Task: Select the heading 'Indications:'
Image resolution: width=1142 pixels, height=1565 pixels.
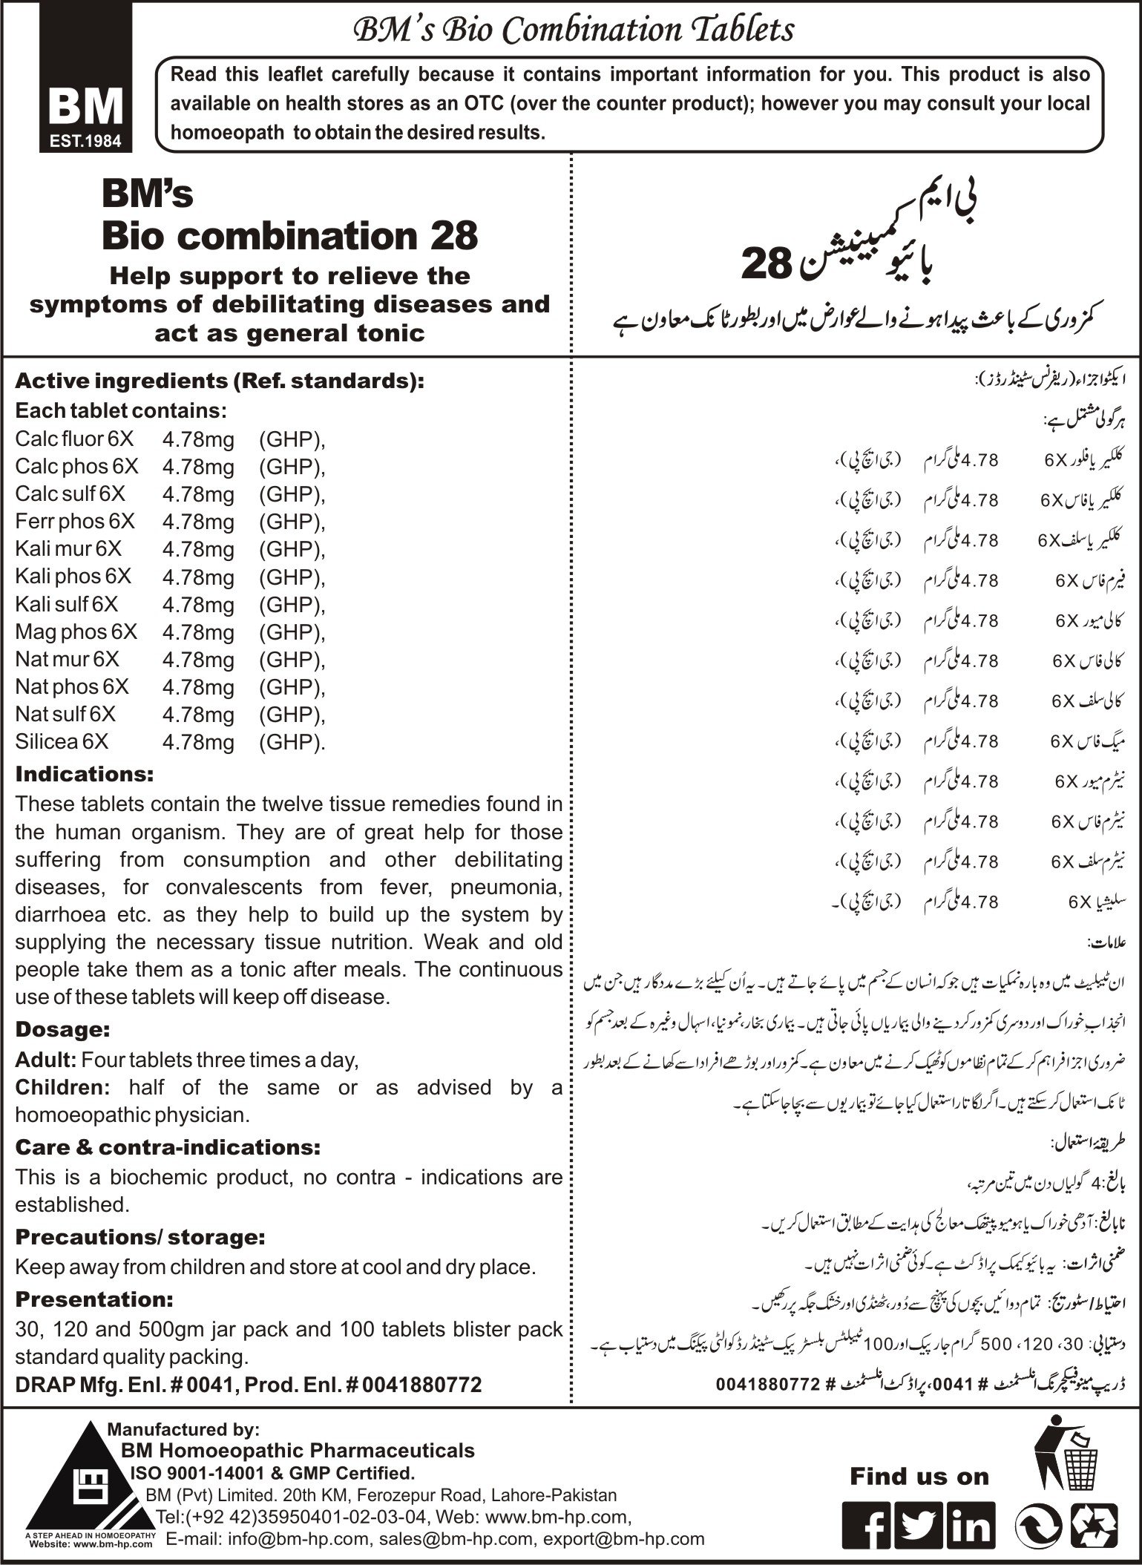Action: (84, 774)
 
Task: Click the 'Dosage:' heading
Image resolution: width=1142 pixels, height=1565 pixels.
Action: (62, 1029)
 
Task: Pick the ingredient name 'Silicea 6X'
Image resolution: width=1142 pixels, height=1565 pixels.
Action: (62, 741)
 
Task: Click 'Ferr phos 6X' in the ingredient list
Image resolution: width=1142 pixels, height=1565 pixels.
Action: (75, 521)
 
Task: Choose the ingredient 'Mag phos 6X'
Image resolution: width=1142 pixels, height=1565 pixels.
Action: (76, 631)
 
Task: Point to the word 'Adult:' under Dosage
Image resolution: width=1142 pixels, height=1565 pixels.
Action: (45, 1060)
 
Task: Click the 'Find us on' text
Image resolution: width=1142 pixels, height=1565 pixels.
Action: (919, 1477)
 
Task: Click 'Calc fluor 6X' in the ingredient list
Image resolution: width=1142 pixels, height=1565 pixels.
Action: (74, 439)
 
